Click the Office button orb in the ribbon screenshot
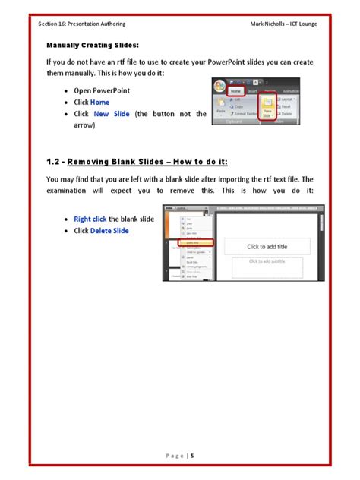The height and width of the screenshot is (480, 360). [x=220, y=87]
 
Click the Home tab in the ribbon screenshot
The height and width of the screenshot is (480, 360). [x=237, y=90]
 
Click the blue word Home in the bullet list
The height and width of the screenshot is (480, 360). [x=99, y=102]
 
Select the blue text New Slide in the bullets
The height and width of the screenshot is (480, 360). [x=112, y=113]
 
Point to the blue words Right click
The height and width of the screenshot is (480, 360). [x=90, y=219]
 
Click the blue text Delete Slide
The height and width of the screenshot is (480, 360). [x=109, y=231]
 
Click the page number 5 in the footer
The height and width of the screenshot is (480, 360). [x=192, y=455]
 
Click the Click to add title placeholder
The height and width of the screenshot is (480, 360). [x=266, y=246]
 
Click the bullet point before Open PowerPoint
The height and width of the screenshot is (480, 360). [x=68, y=90]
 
